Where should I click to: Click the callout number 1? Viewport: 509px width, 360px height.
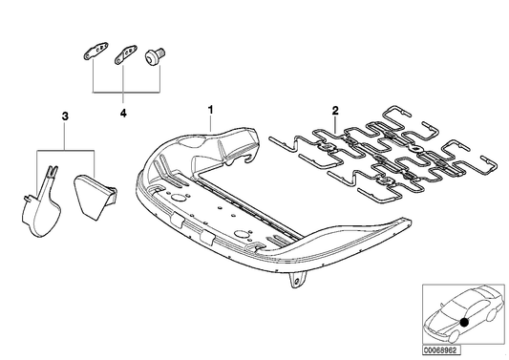point(210,112)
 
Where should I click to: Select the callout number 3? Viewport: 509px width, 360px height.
point(64,116)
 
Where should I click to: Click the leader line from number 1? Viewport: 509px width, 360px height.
point(210,124)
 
